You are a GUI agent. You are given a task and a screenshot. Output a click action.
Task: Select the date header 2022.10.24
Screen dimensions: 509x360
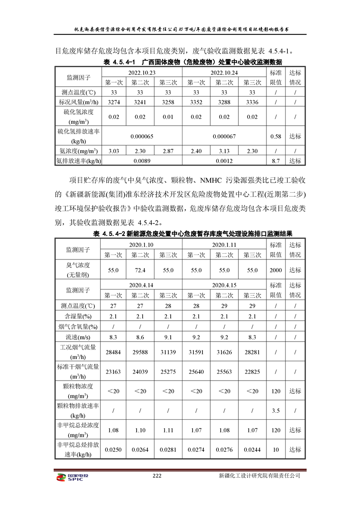tap(224, 73)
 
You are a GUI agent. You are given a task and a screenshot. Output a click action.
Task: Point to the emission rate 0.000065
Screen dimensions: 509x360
tap(141, 136)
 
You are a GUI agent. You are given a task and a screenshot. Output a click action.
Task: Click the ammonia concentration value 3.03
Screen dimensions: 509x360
tap(113, 151)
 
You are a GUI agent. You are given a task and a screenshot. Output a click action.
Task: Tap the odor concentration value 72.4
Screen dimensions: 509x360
tap(141, 270)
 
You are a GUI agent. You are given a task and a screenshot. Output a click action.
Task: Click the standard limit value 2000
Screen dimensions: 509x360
tap(276, 270)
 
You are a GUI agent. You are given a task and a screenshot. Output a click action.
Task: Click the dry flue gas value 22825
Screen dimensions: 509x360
tap(252, 372)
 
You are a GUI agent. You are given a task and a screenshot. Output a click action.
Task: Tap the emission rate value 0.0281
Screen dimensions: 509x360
tap(168, 450)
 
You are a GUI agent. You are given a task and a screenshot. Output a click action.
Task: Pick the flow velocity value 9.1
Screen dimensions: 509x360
tap(168, 337)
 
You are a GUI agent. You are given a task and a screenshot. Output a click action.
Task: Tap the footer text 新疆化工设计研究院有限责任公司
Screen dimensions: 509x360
tap(259, 476)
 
